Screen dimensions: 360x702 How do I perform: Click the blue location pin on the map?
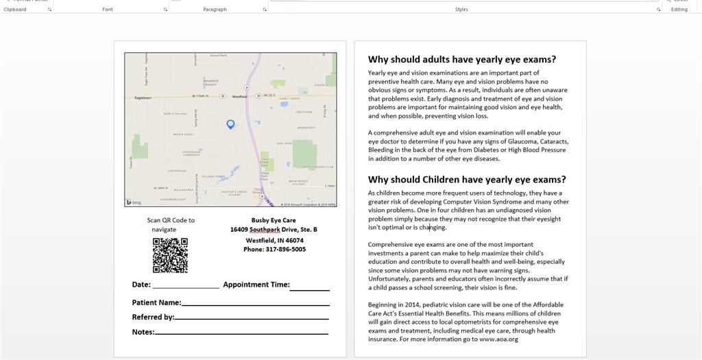230,124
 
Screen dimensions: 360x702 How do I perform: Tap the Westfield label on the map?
239,97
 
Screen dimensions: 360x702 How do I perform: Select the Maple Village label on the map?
175,114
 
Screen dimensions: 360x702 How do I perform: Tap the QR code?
170,255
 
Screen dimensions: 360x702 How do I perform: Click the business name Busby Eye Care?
274,220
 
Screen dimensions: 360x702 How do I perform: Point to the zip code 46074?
295,241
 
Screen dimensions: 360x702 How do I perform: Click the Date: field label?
141,285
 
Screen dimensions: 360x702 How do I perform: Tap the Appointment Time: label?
256,285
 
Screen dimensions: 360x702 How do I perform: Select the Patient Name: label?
156,302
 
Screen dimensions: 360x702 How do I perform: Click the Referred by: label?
153,317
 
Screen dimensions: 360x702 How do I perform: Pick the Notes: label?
143,333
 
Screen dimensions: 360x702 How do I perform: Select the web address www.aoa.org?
498,339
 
